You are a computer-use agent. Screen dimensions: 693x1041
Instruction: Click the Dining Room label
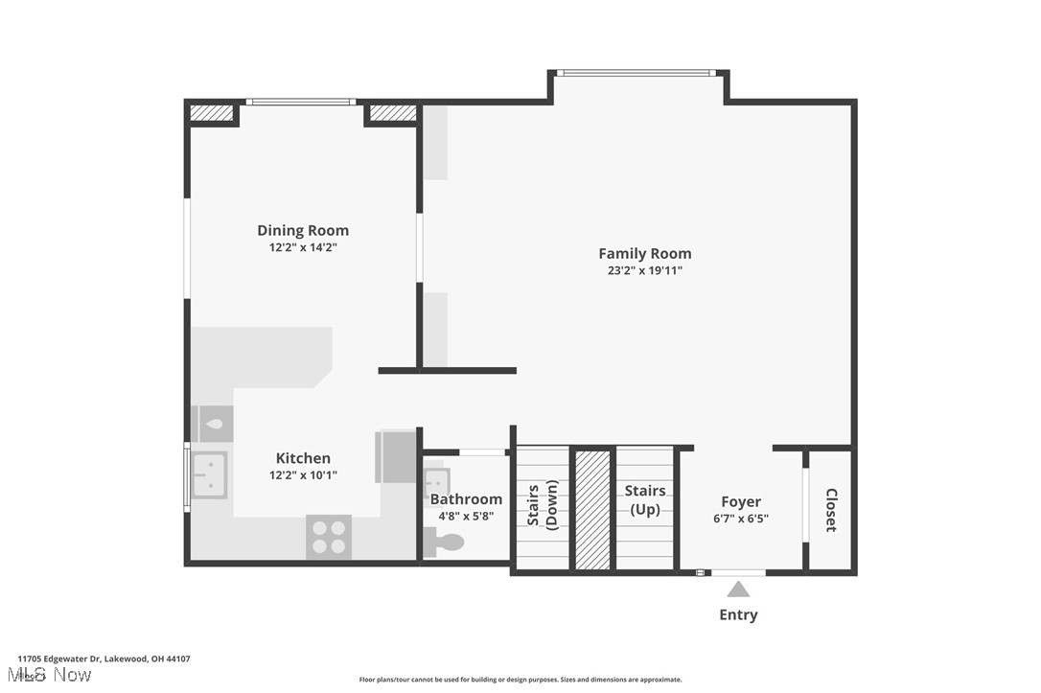(x=303, y=230)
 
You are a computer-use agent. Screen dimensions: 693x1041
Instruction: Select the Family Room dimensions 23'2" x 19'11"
(x=644, y=270)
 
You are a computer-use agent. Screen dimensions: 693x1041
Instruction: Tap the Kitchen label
(x=303, y=458)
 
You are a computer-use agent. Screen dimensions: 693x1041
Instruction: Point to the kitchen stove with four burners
(x=329, y=537)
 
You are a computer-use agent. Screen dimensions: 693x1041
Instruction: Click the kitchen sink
(x=209, y=474)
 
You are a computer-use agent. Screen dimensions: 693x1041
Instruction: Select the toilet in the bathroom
(x=445, y=543)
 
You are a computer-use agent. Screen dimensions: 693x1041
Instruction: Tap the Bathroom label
(x=466, y=499)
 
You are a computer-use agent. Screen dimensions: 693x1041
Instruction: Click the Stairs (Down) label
(x=543, y=506)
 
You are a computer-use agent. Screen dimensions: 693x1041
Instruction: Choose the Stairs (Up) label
(x=645, y=499)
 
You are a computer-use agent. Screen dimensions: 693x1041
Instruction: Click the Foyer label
(x=741, y=501)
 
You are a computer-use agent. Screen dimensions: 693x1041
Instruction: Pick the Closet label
(x=830, y=510)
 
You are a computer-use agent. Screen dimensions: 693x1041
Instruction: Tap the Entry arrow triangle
(x=738, y=589)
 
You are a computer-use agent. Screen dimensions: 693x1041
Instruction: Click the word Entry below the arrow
(x=738, y=615)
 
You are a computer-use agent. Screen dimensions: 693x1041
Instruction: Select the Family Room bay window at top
(x=636, y=72)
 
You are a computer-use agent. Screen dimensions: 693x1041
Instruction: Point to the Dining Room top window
(x=301, y=102)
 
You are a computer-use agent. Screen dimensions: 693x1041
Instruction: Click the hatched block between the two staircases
(x=592, y=509)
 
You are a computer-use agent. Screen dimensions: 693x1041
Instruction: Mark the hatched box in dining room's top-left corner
(x=212, y=113)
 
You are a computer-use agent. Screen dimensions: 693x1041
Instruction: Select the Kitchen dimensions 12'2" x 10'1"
(x=303, y=475)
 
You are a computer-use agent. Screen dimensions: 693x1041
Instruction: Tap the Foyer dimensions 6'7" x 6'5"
(x=741, y=519)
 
